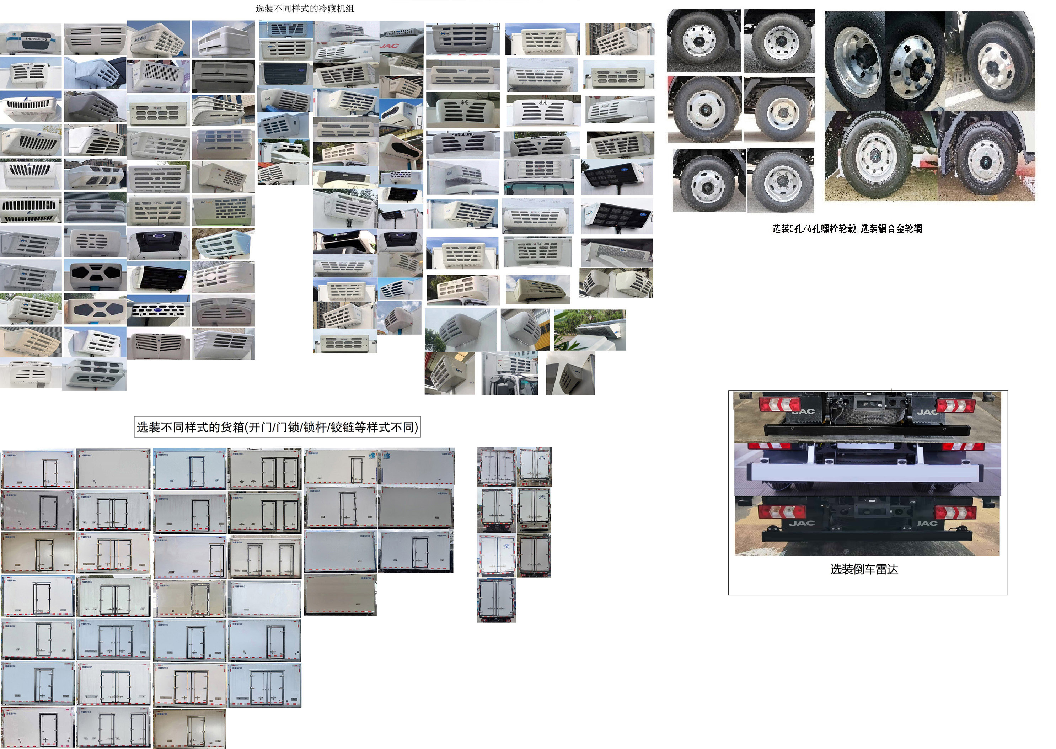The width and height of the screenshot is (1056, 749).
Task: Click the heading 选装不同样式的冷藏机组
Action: (305, 8)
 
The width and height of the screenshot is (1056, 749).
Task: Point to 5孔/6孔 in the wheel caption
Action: (804, 228)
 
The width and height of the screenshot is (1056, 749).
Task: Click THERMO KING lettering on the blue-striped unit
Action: (36, 39)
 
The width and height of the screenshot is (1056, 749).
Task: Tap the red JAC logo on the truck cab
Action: (390, 46)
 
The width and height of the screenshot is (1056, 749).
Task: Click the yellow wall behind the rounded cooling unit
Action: (545, 328)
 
